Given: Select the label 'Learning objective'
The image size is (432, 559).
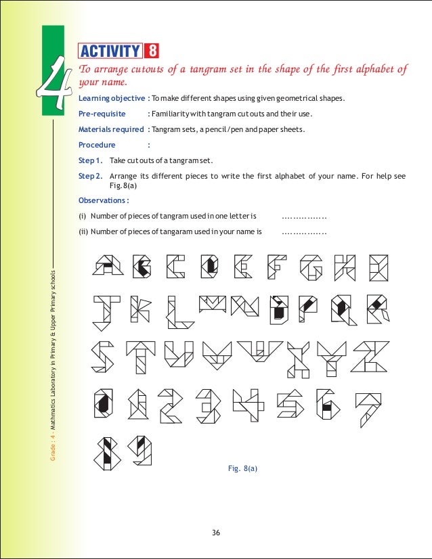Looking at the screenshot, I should tap(111, 99).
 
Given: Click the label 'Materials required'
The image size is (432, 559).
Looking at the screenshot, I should tap(111, 129).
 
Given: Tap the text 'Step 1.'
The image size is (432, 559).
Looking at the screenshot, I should tap(91, 160).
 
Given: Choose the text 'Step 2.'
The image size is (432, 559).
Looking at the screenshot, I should tap(91, 176).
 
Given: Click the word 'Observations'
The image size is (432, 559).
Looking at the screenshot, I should tap(103, 200).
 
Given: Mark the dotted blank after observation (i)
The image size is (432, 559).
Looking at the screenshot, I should tap(304, 217).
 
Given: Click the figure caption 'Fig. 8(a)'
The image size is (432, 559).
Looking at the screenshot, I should tap(244, 468).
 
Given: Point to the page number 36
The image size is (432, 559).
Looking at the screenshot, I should tap(216, 533).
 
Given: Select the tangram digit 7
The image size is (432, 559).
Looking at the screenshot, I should tap(369, 409).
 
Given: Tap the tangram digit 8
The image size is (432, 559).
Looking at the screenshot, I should tap(107, 453).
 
